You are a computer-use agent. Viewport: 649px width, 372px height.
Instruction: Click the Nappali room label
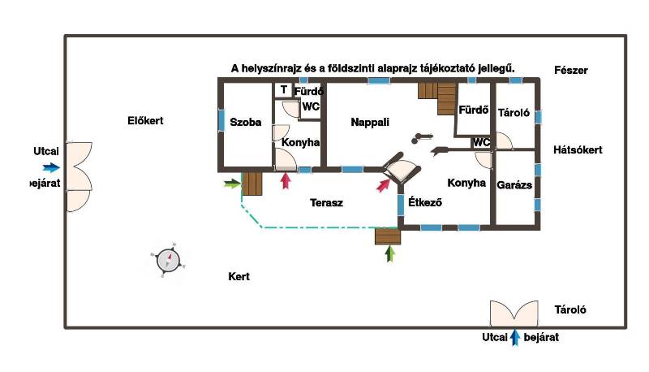click(370, 123)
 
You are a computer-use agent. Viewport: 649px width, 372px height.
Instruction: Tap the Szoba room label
click(245, 123)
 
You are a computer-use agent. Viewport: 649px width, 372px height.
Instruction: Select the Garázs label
click(514, 185)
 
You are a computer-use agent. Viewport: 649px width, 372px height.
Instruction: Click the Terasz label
click(326, 203)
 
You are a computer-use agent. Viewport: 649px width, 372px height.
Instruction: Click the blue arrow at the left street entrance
click(50, 168)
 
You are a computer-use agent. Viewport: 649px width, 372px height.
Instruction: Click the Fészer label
click(571, 71)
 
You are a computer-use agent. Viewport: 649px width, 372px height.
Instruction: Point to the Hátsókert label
click(578, 150)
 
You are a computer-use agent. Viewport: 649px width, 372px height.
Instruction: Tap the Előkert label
click(146, 121)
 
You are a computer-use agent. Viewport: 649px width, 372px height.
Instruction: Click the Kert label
click(239, 277)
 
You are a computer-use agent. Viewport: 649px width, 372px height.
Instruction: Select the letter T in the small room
click(284, 89)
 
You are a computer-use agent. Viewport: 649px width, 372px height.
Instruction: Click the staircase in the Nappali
click(438, 98)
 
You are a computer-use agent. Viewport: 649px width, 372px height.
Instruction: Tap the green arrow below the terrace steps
click(390, 254)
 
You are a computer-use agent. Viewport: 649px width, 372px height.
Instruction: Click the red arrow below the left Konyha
click(285, 180)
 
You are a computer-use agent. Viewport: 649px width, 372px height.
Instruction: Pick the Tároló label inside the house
click(514, 113)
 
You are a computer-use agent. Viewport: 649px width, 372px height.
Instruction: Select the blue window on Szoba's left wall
click(221, 119)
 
